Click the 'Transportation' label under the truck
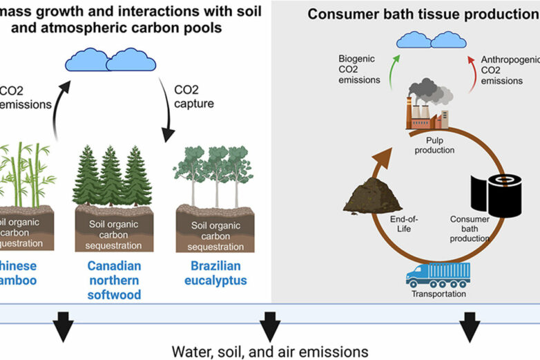click(x=438, y=294)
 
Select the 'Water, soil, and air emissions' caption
click(x=269, y=350)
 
